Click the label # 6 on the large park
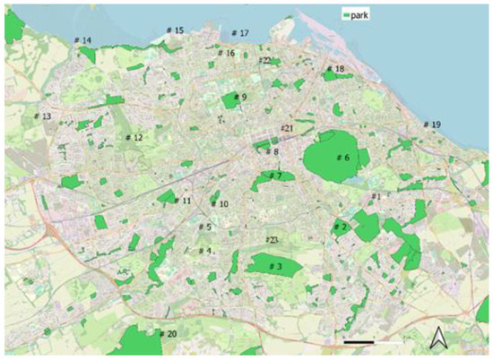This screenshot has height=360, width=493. tap(342, 158)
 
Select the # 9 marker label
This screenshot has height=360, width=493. tap(239, 97)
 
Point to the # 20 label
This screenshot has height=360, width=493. tap(168, 334)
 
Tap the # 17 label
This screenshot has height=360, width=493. tap(239, 33)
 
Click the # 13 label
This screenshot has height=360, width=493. tap(42, 117)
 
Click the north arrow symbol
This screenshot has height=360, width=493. tap(438, 338)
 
